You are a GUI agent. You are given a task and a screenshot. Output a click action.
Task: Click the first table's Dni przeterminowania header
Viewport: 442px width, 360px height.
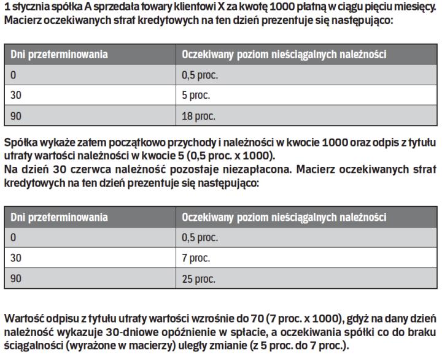pyautogui.click(x=59, y=55)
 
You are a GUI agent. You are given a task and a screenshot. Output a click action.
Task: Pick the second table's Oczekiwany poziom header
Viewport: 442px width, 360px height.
pyautogui.click(x=284, y=217)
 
